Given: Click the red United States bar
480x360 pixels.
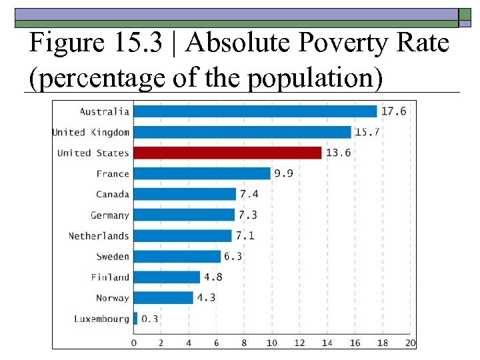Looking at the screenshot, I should (227, 153).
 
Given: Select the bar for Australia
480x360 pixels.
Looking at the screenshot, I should (255, 111).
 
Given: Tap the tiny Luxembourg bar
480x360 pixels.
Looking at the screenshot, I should (135, 319).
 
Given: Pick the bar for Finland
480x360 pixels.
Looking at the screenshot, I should (167, 277).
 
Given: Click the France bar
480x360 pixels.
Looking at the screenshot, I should (202, 173).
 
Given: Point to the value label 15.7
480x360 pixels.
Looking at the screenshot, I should (367, 132).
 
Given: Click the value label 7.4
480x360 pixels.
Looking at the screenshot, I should (249, 194).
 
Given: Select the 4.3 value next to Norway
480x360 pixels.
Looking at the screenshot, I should (206, 298).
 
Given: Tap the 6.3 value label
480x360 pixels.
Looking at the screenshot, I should (233, 257).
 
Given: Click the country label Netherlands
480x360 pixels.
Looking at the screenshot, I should (99, 236).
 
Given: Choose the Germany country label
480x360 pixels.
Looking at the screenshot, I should (110, 215).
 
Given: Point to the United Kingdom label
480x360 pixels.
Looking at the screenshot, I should (91, 132).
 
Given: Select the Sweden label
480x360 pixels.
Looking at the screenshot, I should (113, 257).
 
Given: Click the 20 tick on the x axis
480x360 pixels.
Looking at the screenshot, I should (410, 343).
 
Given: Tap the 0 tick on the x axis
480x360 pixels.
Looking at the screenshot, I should (134, 343).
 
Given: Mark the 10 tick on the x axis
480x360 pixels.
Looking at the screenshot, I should (272, 343).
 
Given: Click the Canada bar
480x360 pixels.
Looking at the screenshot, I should (185, 194).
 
